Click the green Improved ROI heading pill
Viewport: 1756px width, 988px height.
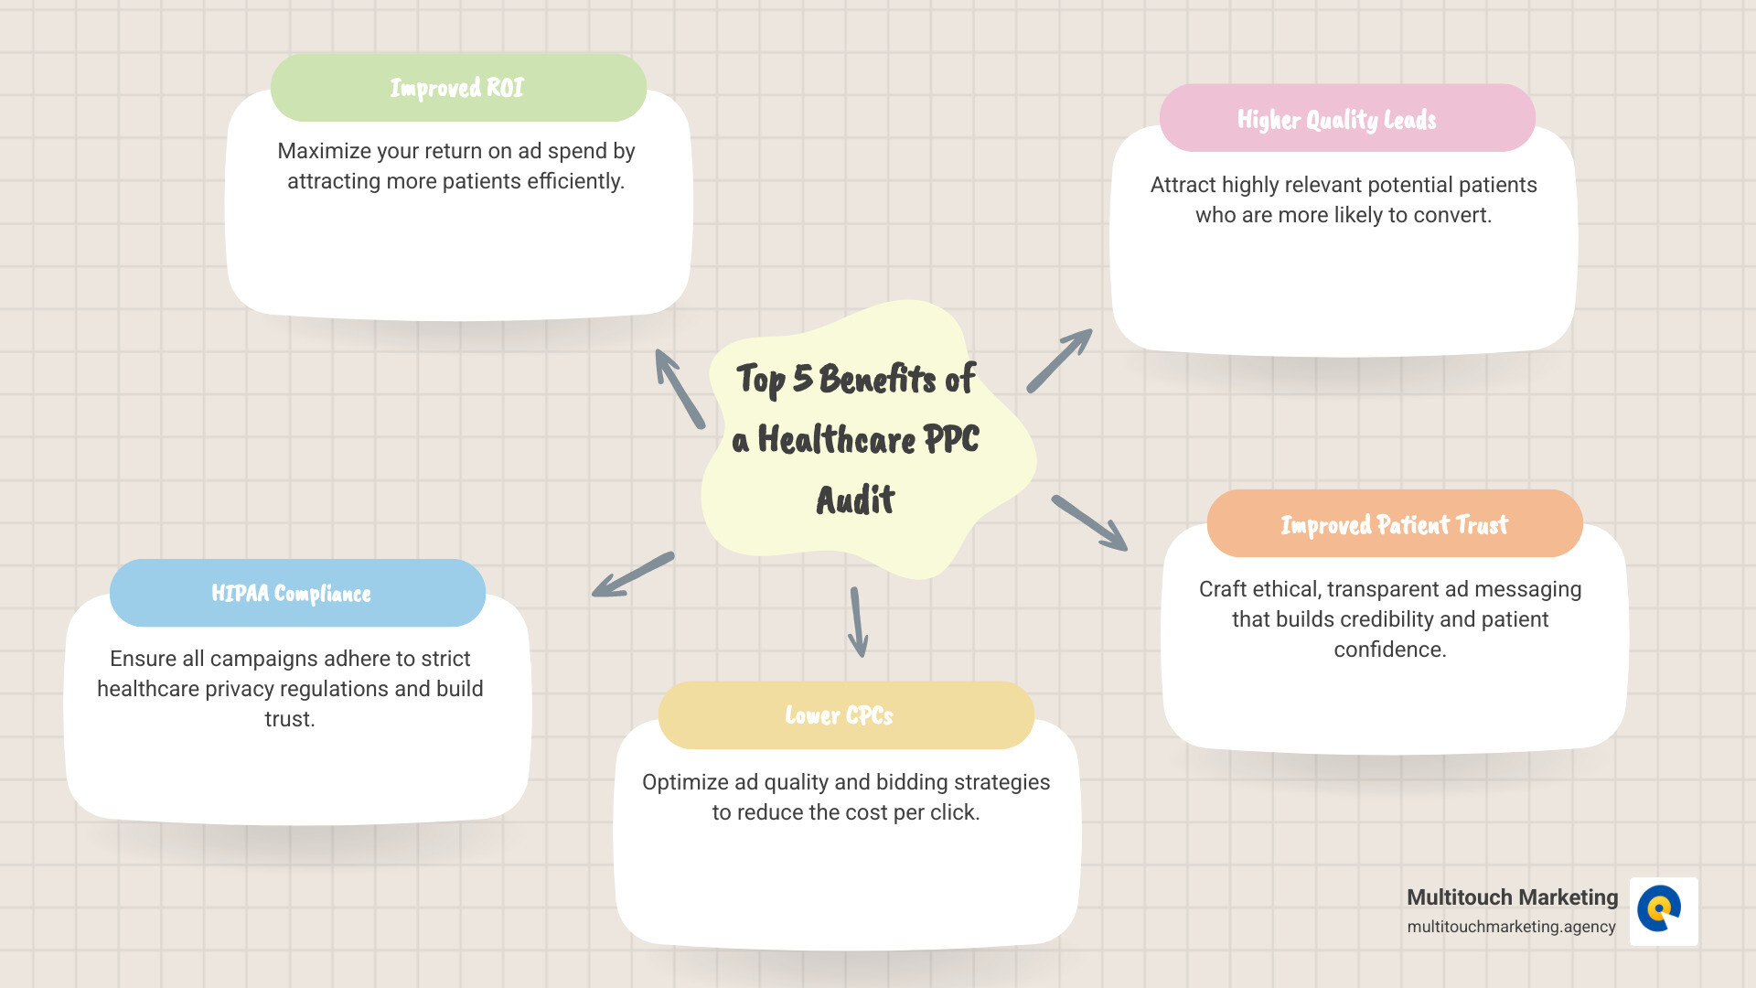coord(458,88)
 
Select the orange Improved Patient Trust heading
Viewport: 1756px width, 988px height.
coord(1394,524)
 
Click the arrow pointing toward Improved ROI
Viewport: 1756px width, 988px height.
coord(680,389)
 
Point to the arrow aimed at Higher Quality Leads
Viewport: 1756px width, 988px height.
coord(1059,360)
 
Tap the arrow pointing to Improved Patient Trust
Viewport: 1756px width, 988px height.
coord(1089,523)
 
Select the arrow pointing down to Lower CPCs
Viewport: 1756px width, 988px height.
coord(857,622)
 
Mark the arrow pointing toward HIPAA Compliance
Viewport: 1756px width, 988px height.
coord(633,575)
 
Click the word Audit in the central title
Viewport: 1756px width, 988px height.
coord(855,500)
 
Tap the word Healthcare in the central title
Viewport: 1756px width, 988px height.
coord(836,440)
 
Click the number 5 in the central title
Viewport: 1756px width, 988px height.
coord(802,378)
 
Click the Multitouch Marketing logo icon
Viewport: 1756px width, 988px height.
coord(1663,911)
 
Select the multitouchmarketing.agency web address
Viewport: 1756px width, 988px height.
coord(1511,927)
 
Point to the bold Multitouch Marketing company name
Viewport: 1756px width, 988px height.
coord(1512,897)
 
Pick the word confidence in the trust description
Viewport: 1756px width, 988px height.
coord(1389,650)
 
